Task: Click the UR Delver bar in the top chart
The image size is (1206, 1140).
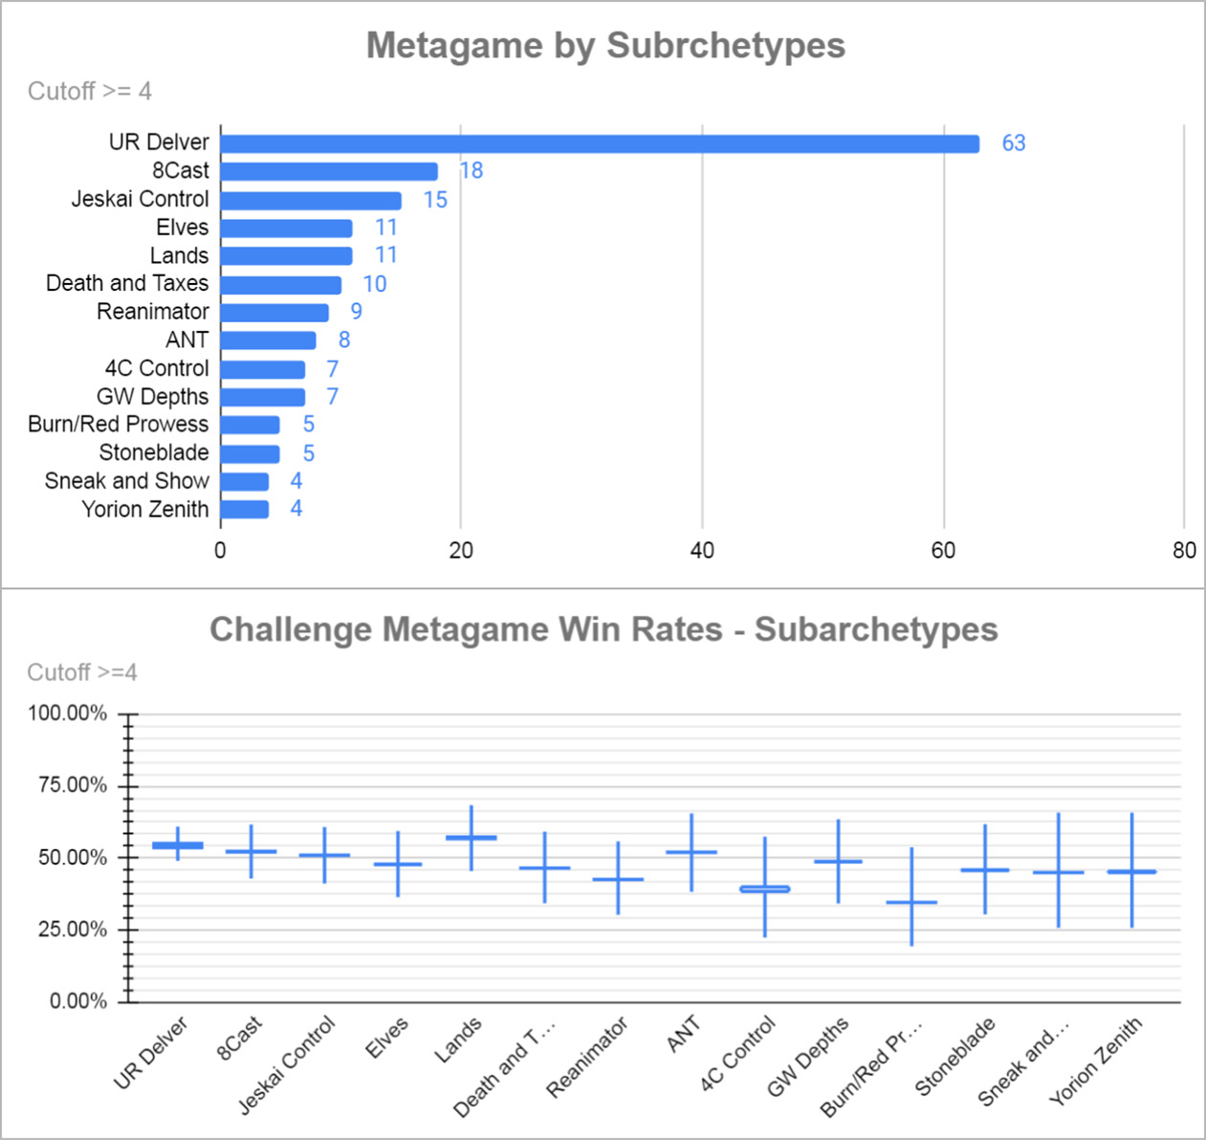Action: [x=600, y=143]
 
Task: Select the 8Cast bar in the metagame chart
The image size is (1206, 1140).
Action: [x=329, y=171]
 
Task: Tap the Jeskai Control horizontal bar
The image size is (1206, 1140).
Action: [x=311, y=200]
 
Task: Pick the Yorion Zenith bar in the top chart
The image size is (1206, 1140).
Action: [x=245, y=509]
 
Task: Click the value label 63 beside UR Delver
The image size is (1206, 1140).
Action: [x=1014, y=143]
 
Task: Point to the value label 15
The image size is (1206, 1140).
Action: [x=435, y=200]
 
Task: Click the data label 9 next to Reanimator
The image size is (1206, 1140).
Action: [x=356, y=312]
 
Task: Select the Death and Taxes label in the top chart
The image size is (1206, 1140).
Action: [x=127, y=284]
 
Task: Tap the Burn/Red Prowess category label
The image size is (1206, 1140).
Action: [x=118, y=425]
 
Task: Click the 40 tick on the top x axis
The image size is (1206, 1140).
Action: [x=702, y=551]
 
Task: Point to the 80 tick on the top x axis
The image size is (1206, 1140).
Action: [x=1184, y=551]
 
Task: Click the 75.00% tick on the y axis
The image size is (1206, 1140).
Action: [x=73, y=785]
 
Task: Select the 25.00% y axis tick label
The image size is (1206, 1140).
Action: [x=73, y=930]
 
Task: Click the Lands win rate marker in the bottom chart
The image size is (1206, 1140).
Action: [x=471, y=838]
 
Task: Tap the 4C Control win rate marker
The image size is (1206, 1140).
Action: [x=765, y=889]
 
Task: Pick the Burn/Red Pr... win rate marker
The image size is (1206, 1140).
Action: [x=911, y=902]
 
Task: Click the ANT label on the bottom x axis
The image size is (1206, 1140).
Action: [x=684, y=1035]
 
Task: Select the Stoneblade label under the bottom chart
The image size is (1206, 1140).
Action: [x=955, y=1057]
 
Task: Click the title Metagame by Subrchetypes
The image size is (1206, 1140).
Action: [x=605, y=46]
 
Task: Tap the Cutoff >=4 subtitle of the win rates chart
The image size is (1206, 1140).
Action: [x=82, y=673]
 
